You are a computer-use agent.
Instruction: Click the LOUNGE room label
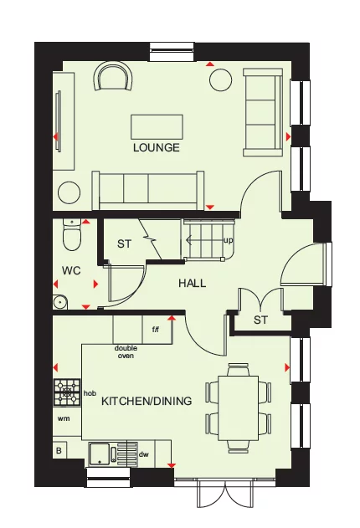pos(156,148)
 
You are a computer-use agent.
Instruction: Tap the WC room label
pos(69,271)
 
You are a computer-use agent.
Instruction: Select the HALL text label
pos(192,284)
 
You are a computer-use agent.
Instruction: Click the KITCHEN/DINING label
pos(147,401)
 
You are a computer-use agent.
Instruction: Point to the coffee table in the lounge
pos(157,127)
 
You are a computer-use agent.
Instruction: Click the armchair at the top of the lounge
pos(115,77)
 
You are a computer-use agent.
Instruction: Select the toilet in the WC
pos(72,236)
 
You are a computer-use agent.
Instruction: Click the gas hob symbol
pos(67,391)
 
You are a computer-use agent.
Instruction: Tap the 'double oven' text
pos(125,351)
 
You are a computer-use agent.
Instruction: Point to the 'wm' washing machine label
pos(63,417)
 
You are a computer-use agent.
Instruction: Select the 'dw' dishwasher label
pos(144,454)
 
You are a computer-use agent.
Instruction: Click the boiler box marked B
pos(59,450)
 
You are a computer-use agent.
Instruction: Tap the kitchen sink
pos(105,453)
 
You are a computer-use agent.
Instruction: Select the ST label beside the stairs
pos(125,244)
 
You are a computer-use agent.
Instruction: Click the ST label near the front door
pos(260,320)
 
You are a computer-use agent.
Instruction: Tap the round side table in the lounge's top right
pos(220,79)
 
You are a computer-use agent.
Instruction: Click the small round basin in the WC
pos(59,302)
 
